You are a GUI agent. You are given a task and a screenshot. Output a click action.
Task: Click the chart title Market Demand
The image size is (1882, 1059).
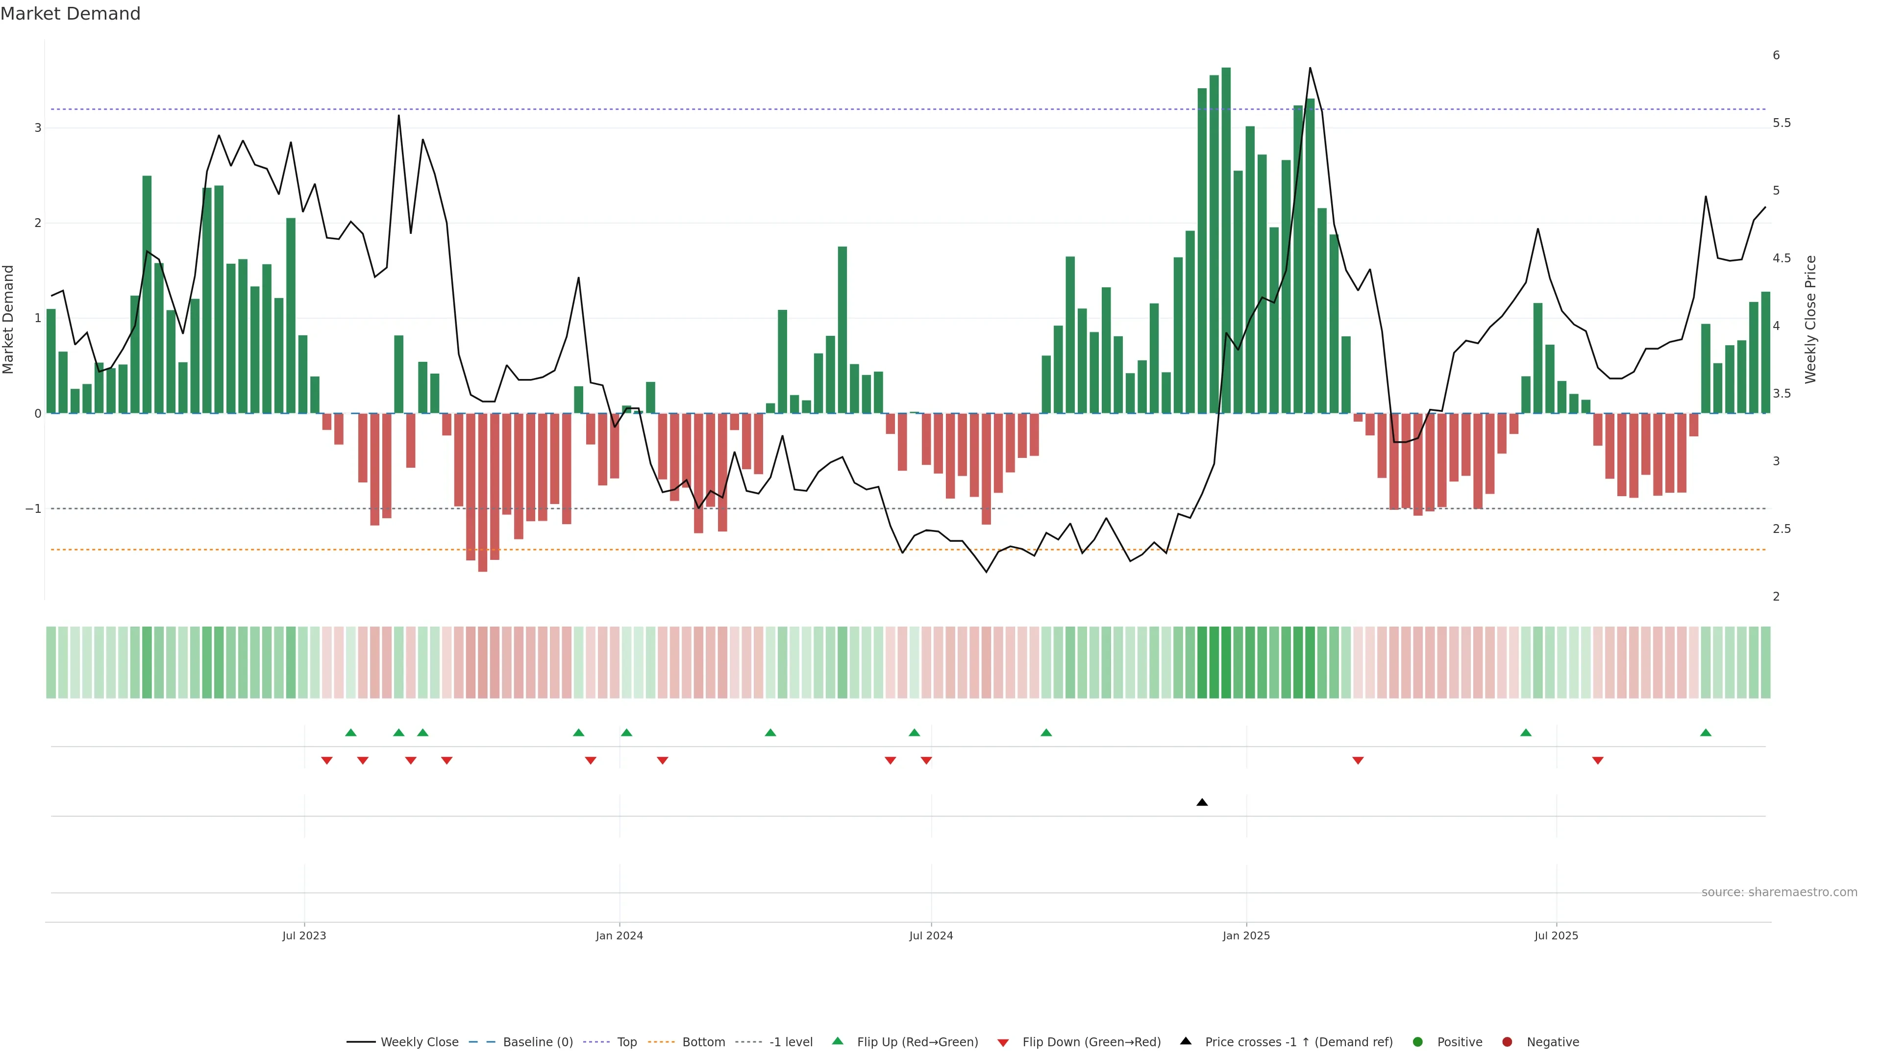click(70, 14)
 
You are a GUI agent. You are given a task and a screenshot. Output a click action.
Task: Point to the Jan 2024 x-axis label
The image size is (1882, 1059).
click(619, 935)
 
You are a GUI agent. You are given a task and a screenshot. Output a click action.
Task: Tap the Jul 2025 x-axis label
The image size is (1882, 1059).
click(1556, 935)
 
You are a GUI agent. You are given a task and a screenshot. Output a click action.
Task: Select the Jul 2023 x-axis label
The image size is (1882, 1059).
click(304, 935)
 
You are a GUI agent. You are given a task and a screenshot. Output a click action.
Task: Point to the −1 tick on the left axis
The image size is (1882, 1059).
click(33, 509)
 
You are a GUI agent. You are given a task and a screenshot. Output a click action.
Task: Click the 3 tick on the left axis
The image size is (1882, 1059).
click(38, 128)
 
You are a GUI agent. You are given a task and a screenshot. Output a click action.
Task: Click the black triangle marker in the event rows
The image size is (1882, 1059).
click(1202, 803)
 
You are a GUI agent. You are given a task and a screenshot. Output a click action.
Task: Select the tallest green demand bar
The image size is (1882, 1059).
click(1226, 241)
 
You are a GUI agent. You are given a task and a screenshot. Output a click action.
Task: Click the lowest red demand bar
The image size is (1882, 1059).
click(482, 493)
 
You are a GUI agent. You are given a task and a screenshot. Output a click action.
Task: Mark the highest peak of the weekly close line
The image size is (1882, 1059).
click(1309, 68)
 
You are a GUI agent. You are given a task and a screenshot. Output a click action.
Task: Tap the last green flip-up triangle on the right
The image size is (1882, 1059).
click(1705, 732)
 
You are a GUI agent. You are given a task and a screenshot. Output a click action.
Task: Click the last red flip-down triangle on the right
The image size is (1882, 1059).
click(1598, 761)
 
